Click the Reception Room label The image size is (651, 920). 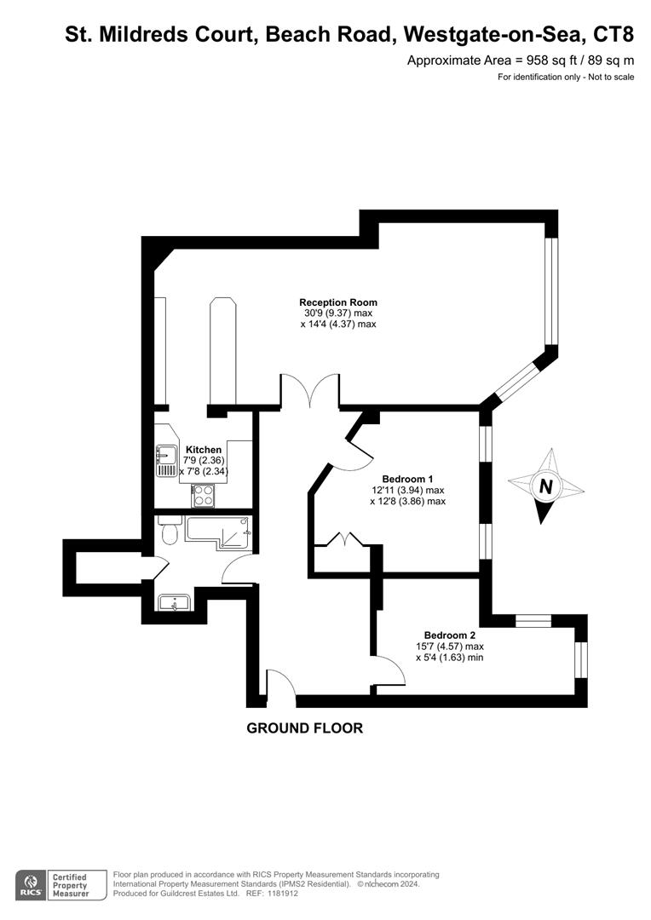(x=337, y=302)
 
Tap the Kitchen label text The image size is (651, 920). (x=204, y=450)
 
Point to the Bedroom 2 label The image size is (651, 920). (x=449, y=635)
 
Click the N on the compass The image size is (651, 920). (x=545, y=487)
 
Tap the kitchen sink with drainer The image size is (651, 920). (x=165, y=461)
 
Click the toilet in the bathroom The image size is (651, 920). (x=169, y=531)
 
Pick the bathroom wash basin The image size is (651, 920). (x=175, y=603)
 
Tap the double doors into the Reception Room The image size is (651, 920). (x=311, y=391)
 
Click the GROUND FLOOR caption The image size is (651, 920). (x=304, y=728)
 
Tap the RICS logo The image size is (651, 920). (x=32, y=883)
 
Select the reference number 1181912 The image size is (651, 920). (x=280, y=894)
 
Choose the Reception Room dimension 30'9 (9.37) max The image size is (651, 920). (x=337, y=313)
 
